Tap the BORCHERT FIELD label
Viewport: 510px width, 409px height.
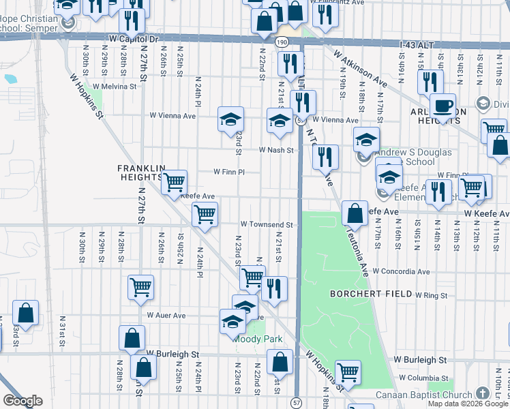[x=371, y=294]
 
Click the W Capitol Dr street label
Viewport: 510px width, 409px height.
[x=133, y=40]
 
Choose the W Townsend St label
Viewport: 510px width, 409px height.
[x=267, y=224]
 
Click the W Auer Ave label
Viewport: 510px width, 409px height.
[x=166, y=316]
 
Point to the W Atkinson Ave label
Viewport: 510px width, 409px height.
[x=361, y=67]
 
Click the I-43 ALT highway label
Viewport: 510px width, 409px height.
[x=417, y=44]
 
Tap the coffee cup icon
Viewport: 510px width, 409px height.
[x=442, y=106]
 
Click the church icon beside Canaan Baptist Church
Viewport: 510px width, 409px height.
[x=482, y=394]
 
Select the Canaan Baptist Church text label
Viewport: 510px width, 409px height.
[x=424, y=395]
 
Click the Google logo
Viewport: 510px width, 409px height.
[x=22, y=401]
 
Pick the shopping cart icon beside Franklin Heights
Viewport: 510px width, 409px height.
[x=175, y=182]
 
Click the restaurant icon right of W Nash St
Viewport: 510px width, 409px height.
[x=325, y=157]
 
